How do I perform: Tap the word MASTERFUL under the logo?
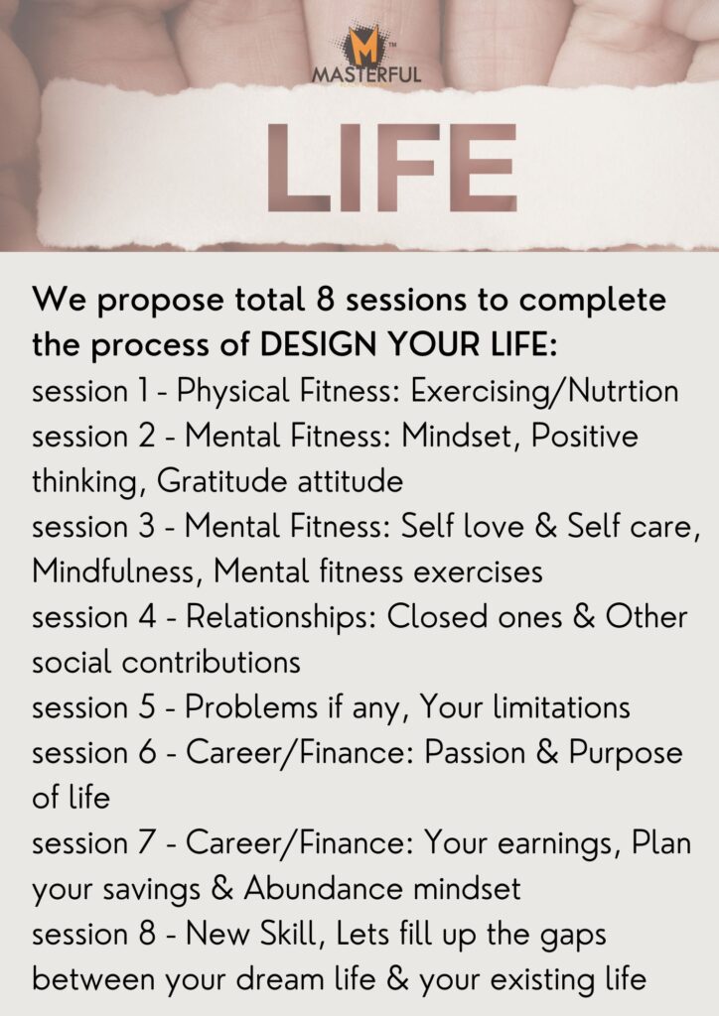point(366,74)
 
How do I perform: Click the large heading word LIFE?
point(391,167)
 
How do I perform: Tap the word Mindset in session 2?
point(460,437)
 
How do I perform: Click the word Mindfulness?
point(113,572)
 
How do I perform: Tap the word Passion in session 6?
point(475,753)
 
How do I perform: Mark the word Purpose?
point(626,754)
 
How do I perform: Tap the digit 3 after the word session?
point(147,527)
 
